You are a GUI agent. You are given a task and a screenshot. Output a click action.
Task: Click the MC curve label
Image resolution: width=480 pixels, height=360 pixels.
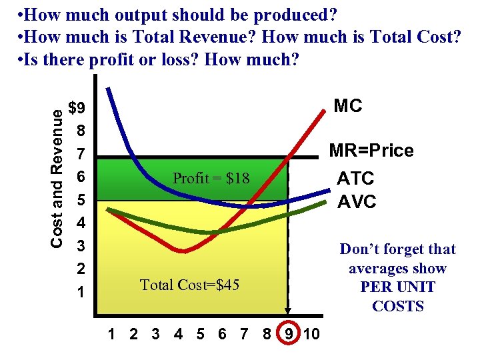(347, 106)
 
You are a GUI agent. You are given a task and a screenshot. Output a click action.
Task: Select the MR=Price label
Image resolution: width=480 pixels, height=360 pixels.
(371, 151)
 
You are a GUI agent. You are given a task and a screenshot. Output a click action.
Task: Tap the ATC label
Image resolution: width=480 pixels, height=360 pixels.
(355, 179)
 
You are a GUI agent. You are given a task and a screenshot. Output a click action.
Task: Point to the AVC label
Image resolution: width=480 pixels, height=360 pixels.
(356, 202)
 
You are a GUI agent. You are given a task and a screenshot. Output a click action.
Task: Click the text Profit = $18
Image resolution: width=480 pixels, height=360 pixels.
(211, 178)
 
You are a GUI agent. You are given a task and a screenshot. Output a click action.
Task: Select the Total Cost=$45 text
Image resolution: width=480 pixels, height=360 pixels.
(189, 285)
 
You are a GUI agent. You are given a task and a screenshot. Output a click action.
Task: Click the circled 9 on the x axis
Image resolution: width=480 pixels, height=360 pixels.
(289, 334)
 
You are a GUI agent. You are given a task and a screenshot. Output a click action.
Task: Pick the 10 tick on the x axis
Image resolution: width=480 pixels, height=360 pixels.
(311, 334)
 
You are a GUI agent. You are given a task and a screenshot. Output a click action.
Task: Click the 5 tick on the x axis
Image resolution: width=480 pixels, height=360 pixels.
(201, 334)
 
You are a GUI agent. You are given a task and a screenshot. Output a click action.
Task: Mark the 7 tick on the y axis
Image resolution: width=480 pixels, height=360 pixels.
(81, 155)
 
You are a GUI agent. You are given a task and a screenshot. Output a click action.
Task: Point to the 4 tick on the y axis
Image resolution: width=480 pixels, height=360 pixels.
(81, 223)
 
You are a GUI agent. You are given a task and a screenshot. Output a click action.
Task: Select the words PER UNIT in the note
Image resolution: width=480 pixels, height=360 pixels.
(397, 287)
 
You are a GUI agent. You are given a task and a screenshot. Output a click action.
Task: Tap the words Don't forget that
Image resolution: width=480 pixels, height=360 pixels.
(397, 249)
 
